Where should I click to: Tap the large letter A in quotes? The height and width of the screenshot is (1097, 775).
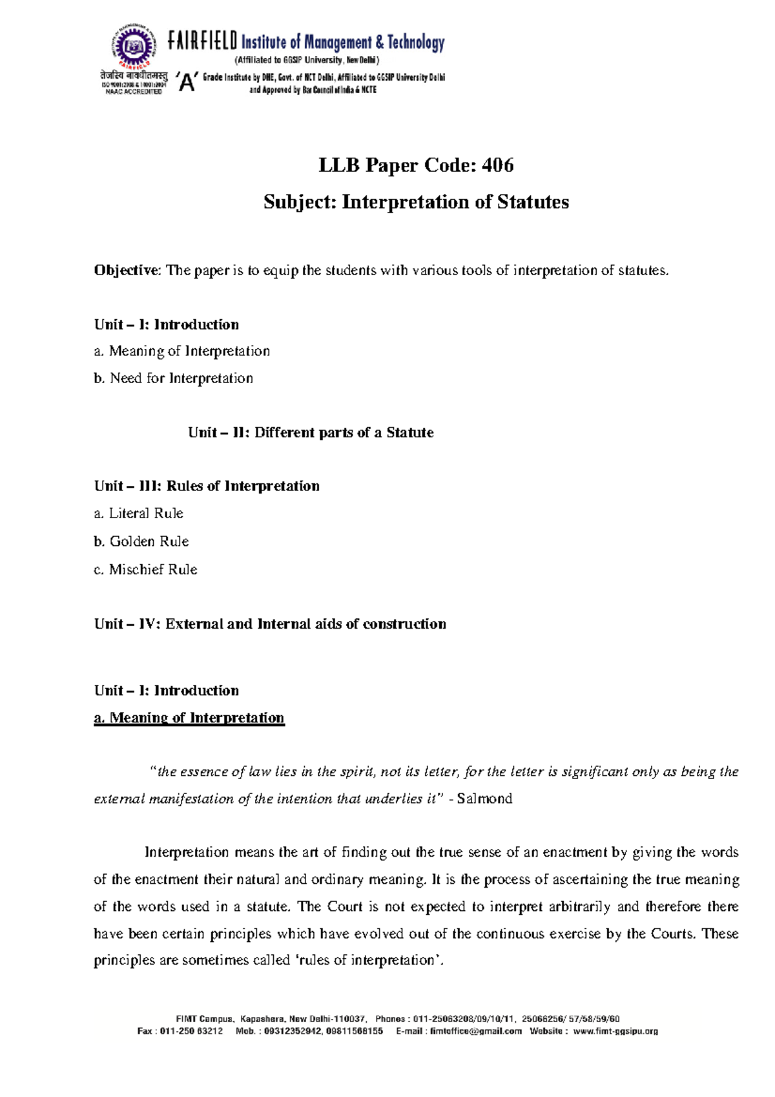187,83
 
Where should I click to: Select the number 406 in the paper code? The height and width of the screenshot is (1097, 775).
497,165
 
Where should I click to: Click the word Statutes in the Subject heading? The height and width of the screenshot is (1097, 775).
533,202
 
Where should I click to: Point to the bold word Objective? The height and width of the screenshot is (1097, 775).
126,270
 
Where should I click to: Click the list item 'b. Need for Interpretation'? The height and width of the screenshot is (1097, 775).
173,378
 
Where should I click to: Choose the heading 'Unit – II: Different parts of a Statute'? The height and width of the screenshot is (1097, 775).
311,432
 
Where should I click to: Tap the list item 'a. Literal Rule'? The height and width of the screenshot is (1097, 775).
138,513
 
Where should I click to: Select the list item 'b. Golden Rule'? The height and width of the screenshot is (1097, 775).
141,541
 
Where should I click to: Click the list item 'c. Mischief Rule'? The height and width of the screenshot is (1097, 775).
145,569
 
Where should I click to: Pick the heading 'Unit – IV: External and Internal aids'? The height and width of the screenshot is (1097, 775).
270,623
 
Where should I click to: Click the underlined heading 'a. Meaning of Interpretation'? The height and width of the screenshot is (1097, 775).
189,718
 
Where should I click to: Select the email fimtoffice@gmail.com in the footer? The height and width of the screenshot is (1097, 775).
475,1031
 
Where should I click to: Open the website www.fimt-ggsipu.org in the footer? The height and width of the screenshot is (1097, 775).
615,1031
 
